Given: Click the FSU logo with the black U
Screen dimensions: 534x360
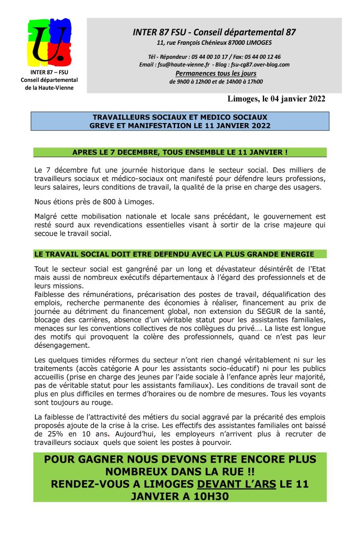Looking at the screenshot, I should [49, 43].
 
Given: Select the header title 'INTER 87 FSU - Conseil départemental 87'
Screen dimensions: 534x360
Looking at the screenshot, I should [214, 32].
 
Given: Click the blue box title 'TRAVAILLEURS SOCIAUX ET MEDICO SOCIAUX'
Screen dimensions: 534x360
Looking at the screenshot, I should [180, 117].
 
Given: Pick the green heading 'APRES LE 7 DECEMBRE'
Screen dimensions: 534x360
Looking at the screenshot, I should [180, 152].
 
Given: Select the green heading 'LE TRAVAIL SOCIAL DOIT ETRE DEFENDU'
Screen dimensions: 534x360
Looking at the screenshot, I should [174, 254].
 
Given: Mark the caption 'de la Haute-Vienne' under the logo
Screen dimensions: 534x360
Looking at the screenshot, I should [49, 88].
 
